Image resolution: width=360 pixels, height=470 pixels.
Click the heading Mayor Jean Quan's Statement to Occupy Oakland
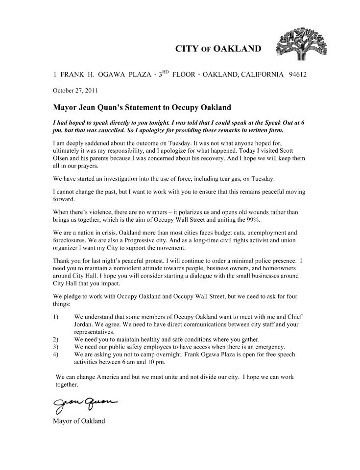[135, 107]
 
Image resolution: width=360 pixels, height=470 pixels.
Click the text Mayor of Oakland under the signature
[78, 421]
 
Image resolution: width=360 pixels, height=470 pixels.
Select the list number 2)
[56, 339]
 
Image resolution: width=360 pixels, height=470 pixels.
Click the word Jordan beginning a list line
[84, 325]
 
